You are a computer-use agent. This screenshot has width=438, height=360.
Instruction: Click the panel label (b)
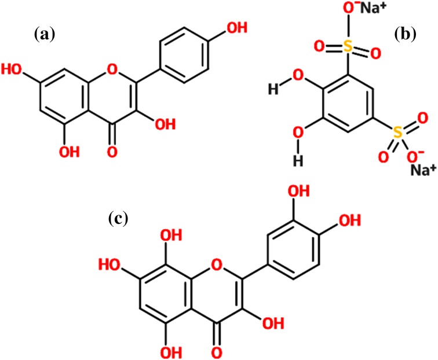click(405, 34)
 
